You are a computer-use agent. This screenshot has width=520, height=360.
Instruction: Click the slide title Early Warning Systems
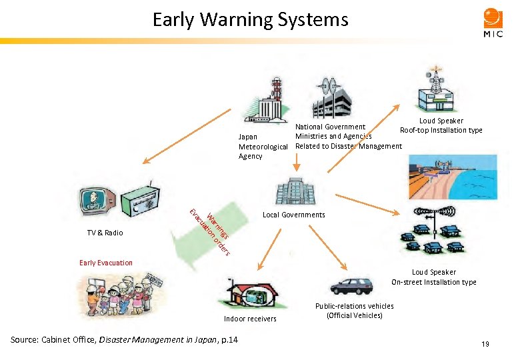click(x=250, y=19)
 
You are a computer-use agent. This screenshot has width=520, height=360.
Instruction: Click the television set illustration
click(x=97, y=199)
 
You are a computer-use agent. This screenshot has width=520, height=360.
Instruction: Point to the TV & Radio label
click(x=105, y=233)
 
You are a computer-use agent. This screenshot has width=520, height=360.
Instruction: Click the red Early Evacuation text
click(x=105, y=263)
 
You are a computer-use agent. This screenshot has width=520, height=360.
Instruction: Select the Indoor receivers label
click(x=250, y=319)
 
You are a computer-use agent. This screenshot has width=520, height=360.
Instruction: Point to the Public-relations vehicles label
click(x=354, y=311)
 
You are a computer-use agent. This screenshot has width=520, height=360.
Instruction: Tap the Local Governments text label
click(x=293, y=215)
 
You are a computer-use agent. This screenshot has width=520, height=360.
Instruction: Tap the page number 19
click(x=485, y=343)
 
